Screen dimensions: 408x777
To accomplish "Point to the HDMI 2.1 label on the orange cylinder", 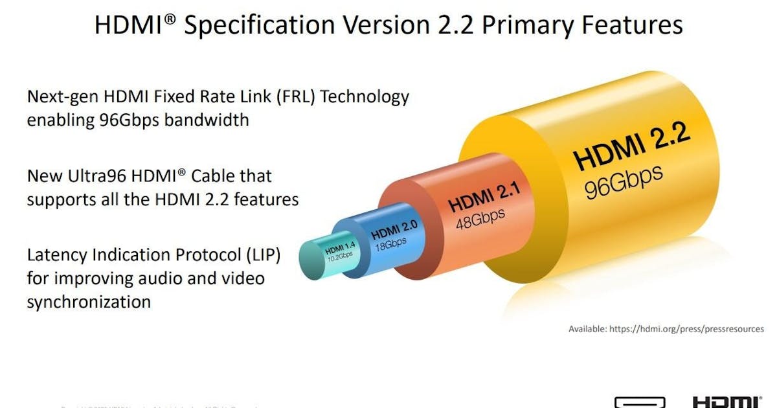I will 485,196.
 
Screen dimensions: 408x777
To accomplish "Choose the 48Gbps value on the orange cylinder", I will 480,218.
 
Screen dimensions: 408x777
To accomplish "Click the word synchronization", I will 89,301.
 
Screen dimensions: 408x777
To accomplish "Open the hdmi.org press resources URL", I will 686,329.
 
